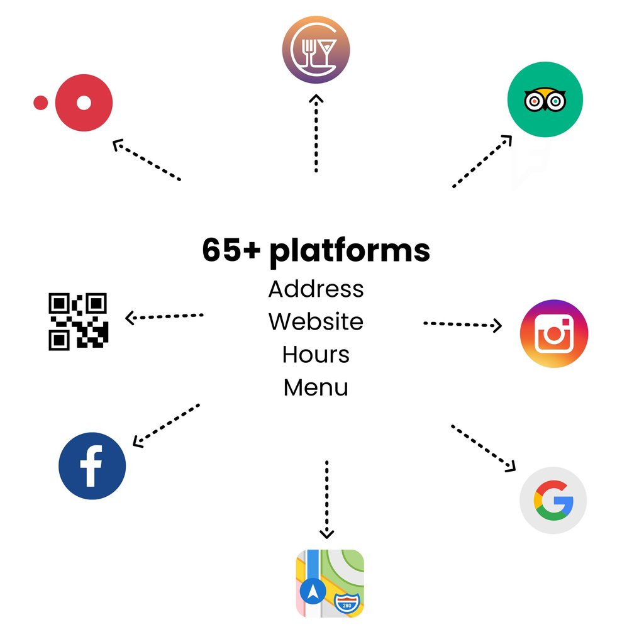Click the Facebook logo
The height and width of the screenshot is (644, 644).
point(92,466)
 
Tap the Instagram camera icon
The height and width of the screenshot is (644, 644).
point(554,333)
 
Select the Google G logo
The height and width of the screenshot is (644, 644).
point(553,500)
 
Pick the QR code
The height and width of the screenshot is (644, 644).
point(79,321)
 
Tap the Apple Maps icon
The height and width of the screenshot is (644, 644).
point(330,583)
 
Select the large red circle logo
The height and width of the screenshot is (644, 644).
point(84,103)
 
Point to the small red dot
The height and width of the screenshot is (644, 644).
point(40,103)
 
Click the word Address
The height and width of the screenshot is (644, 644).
point(316,289)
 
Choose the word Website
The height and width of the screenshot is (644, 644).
point(316,322)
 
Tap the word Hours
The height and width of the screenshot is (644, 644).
point(316,355)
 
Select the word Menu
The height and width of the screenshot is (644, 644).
point(316,387)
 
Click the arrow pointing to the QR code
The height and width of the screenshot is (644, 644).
point(165,316)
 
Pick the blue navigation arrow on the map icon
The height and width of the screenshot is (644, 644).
point(313,591)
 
